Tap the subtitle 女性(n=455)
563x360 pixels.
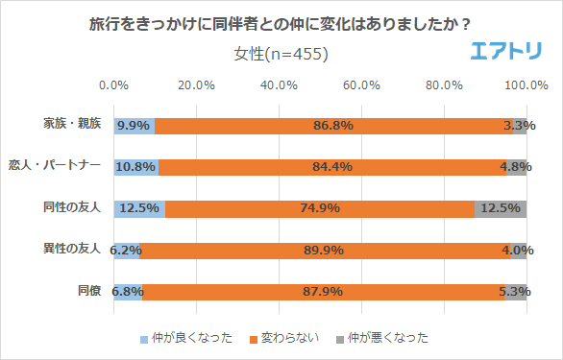[281, 53]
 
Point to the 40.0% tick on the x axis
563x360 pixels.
[279, 85]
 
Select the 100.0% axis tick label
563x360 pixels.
[526, 85]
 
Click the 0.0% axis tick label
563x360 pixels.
[114, 85]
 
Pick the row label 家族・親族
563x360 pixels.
[71, 125]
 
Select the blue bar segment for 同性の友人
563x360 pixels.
[139, 208]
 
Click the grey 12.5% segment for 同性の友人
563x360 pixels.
[501, 208]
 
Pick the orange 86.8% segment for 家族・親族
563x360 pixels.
[333, 125]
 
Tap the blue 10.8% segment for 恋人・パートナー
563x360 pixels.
[135, 166]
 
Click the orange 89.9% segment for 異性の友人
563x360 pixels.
[325, 250]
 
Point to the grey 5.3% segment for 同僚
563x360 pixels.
[517, 291]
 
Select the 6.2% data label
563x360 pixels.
[126, 250]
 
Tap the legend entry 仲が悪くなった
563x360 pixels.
[381, 337]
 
